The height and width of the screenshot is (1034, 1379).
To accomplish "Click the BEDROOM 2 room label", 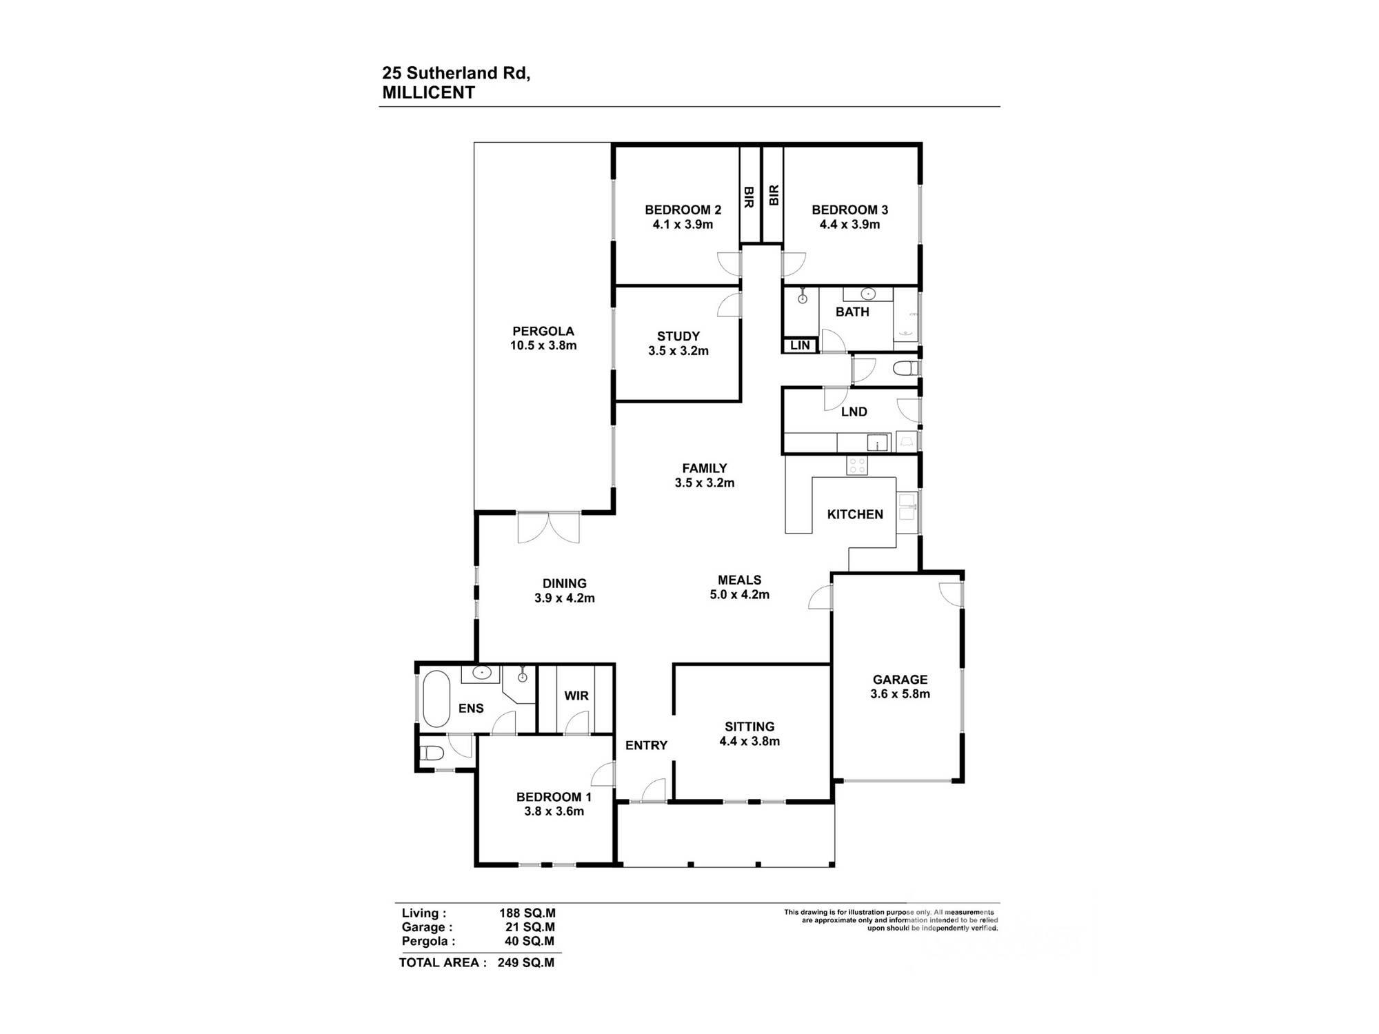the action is coord(683,210).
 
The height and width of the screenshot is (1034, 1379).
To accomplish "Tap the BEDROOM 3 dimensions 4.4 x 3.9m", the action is coord(849,224).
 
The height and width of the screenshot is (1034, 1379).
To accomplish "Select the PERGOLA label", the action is coord(543,331).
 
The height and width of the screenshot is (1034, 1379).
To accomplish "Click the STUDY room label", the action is coord(678,336).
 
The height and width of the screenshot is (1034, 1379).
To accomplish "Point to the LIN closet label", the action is coord(800,345).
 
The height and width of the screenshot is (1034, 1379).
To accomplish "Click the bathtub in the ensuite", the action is coord(436,699).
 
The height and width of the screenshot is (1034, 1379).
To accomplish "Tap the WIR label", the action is coord(576,696).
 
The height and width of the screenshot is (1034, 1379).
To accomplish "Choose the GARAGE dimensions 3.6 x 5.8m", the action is coord(900,693).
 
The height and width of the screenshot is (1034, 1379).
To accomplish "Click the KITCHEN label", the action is coord(855,514).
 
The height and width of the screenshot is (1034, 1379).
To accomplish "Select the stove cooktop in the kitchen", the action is coord(857,465).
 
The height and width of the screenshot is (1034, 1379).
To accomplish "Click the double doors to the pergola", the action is coord(549,527).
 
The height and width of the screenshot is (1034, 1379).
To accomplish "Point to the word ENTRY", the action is coord(646,745).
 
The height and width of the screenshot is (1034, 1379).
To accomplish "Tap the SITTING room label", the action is coord(749,727).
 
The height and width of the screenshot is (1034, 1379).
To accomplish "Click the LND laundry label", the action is coord(854,412).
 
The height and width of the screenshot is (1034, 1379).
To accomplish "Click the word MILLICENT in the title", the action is coord(428,93).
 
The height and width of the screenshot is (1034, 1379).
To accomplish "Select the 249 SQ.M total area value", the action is coord(526,962).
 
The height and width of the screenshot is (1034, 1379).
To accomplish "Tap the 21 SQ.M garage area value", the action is coord(530,927).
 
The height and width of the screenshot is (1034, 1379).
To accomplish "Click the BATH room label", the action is coord(852,312).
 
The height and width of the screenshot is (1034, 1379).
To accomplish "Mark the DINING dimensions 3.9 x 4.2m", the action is coord(565,598).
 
